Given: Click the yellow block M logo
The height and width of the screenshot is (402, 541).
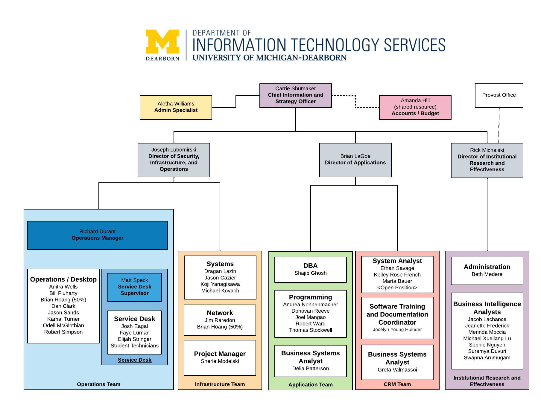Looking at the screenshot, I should pos(162,42).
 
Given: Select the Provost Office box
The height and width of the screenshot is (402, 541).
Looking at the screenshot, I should pos(499,95).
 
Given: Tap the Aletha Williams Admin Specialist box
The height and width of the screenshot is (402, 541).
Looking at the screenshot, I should pos(176,107).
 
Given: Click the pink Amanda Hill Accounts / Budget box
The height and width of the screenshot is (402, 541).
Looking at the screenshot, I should pos(415,107).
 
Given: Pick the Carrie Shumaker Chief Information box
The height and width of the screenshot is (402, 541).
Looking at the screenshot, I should pos(295,95).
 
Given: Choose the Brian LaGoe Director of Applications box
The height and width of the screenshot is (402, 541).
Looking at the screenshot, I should pos(355,160).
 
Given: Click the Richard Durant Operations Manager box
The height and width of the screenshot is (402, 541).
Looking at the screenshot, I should pos(98,235).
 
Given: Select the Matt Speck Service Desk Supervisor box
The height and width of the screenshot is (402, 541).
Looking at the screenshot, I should pos(135,287).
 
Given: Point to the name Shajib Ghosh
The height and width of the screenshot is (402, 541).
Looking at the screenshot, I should pos(310,273).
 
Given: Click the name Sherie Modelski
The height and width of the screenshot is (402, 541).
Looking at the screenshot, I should pos(220,361).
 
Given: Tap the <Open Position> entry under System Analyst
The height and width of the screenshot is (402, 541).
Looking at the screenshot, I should pos(397,288).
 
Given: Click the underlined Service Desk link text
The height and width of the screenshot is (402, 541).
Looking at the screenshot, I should pos(135,360).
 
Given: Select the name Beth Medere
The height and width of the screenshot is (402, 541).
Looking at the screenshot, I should pos(487,274).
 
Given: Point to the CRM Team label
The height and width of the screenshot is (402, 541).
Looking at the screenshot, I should pos(397,384).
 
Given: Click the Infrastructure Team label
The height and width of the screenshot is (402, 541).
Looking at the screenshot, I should pos(220,384).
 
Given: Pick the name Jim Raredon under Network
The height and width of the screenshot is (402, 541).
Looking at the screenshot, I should pos(220,320).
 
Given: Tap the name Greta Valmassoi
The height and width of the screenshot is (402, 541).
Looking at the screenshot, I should pos(397,370).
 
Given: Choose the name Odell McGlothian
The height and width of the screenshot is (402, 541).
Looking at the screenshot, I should pos(63,325).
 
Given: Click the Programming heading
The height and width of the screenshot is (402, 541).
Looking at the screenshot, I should pos(310,297).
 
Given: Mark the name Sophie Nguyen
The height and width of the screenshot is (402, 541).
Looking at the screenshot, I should pos(487,345).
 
